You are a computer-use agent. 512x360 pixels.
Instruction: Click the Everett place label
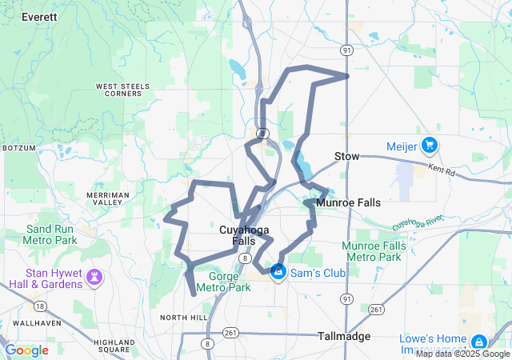pos(40,16)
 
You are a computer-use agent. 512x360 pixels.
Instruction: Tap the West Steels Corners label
pos(118,90)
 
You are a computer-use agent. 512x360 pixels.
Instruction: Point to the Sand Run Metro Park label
pos(49,234)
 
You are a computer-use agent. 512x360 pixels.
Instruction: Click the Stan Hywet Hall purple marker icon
pos(95,277)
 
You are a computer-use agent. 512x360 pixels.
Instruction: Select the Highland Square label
pos(113,346)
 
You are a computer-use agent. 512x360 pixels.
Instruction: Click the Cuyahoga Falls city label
pos(244,235)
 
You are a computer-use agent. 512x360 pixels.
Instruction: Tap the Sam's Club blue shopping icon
pos(278,273)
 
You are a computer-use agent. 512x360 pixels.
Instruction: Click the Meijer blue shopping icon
pos(430,145)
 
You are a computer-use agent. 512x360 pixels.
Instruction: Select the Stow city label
pos(346,156)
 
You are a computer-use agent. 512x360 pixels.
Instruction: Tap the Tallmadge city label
pos(344,336)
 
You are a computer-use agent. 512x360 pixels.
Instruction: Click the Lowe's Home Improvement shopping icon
pos(478,342)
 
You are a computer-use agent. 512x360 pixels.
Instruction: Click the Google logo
pos(27,350)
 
